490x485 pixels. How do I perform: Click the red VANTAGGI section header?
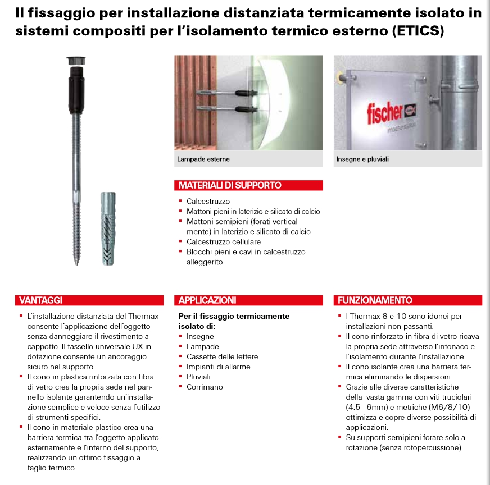[x=40, y=300]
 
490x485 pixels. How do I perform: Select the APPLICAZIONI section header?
[x=207, y=300]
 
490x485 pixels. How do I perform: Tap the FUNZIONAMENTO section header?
[x=375, y=300]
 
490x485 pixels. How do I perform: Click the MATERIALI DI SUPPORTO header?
[x=230, y=185]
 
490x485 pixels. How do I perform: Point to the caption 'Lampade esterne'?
[x=203, y=159]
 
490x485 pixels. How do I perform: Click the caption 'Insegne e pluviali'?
[x=362, y=159]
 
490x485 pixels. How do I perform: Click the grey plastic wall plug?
[x=109, y=227]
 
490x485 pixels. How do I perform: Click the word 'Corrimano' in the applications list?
[x=205, y=387]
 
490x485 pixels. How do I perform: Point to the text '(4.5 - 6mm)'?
[x=365, y=407]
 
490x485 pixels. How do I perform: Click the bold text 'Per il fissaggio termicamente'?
[x=234, y=316]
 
